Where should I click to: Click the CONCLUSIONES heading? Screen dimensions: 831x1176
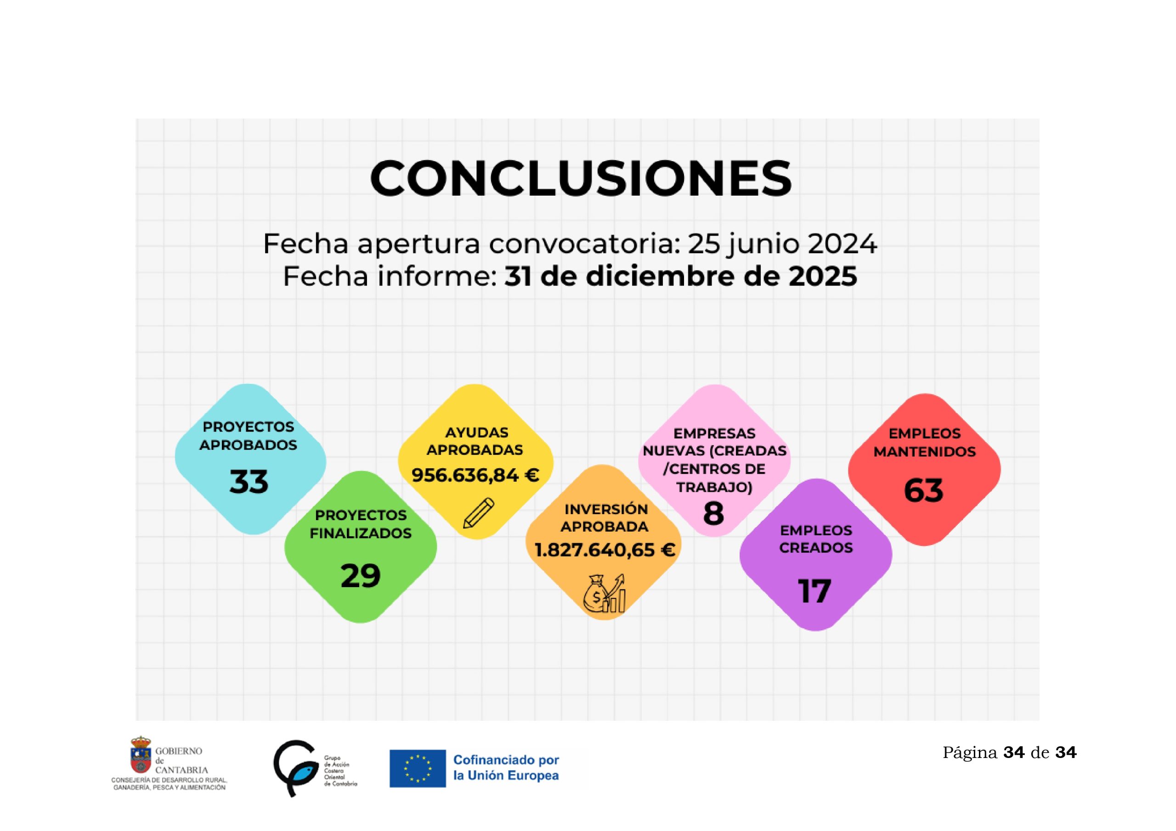pyautogui.click(x=580, y=178)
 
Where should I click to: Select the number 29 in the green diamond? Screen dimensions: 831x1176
pyautogui.click(x=361, y=576)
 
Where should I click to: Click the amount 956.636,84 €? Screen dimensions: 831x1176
pyautogui.click(x=475, y=476)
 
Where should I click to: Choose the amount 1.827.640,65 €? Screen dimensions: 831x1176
pyautogui.click(x=605, y=550)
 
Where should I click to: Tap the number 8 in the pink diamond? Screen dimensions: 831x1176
pyautogui.click(x=713, y=514)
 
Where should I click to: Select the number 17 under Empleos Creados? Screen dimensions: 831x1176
pyautogui.click(x=814, y=591)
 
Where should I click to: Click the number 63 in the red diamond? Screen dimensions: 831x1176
pyautogui.click(x=923, y=490)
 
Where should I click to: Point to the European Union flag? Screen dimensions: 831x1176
pyautogui.click(x=418, y=769)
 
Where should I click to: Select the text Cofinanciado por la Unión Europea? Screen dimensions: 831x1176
pyautogui.click(x=506, y=768)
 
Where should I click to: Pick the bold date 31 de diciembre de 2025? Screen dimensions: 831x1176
pyautogui.click(x=681, y=276)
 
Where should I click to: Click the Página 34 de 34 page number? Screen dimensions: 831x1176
pyautogui.click(x=1009, y=752)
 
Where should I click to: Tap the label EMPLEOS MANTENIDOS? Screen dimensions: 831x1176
pyautogui.click(x=925, y=443)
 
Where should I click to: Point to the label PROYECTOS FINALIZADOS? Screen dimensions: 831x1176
pyautogui.click(x=361, y=524)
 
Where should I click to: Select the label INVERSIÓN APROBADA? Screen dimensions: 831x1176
pyautogui.click(x=605, y=517)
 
